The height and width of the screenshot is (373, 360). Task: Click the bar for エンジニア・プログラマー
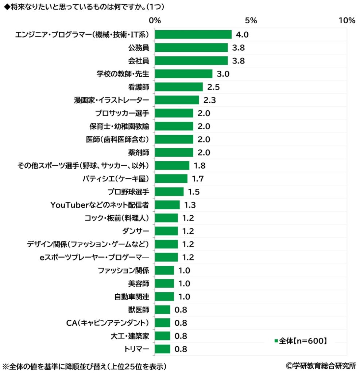tap(193, 35)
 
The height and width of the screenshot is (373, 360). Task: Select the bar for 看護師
tap(179, 87)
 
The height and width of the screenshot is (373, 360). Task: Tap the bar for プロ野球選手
tap(169, 192)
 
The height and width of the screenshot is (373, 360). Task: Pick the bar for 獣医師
tap(163, 310)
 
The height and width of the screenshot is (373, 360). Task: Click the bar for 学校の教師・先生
tap(183, 74)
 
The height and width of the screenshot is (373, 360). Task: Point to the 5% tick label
tap(251, 20)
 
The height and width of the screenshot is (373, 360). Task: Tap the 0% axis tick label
tap(155, 20)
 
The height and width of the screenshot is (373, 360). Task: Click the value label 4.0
tap(242, 35)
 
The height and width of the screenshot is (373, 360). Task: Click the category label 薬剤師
tap(139, 153)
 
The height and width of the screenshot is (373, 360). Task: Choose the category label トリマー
tap(137, 349)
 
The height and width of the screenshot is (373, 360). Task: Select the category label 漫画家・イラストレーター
tap(111, 100)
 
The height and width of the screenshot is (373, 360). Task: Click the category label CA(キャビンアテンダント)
tap(108, 323)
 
